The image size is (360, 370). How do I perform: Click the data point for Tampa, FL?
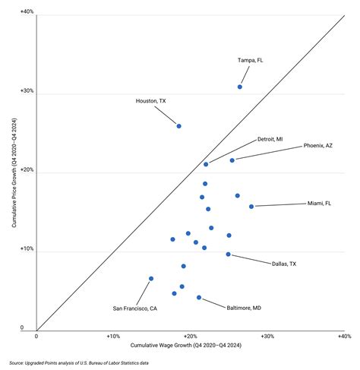coord(240,87)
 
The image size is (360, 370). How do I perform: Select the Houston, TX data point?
coord(178,126)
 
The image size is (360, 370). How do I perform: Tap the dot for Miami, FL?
coord(251,206)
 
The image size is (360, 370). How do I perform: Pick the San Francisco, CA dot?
coord(151,279)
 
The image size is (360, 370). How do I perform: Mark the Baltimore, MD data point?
coord(199,298)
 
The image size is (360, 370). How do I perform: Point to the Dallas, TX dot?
coord(228,255)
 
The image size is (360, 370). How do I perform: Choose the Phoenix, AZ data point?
coord(232,160)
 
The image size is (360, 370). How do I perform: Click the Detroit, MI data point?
coord(206,164)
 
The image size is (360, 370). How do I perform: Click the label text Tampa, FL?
coord(251,60)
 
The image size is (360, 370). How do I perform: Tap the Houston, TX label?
coord(151,101)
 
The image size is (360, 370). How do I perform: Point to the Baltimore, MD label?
coord(244,308)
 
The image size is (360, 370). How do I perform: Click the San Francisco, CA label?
coord(135,308)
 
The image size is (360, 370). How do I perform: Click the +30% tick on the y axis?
coord(26,93)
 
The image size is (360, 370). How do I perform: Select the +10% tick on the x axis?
coord(113,336)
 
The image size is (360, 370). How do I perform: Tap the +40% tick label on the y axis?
coord(26,14)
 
